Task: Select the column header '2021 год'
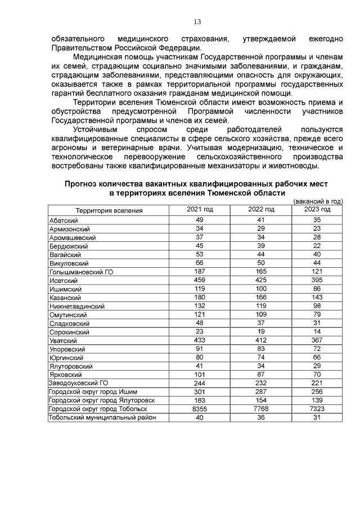click(200, 210)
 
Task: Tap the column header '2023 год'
click(317, 210)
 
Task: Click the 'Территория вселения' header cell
click(110, 210)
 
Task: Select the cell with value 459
click(200, 280)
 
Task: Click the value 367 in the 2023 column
click(317, 340)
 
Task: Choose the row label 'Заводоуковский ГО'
click(77, 383)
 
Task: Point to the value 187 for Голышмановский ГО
click(200, 272)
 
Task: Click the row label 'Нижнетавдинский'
click(76, 306)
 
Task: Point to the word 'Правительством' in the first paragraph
click(80, 47)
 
